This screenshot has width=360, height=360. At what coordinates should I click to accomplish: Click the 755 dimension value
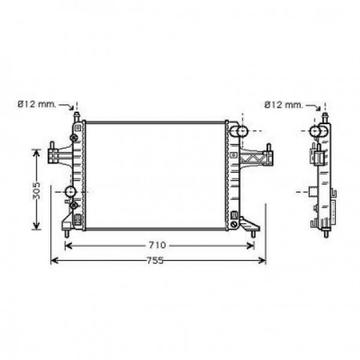pos(156,260)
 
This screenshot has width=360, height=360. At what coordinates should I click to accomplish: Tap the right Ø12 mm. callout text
pos(283,103)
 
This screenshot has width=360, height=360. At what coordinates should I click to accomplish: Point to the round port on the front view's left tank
pos(71,193)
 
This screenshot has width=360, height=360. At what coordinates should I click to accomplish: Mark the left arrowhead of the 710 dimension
pos(65,245)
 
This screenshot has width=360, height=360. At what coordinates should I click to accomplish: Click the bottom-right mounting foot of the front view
pos(253,228)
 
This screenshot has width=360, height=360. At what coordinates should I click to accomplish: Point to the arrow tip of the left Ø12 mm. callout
pos(77,111)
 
